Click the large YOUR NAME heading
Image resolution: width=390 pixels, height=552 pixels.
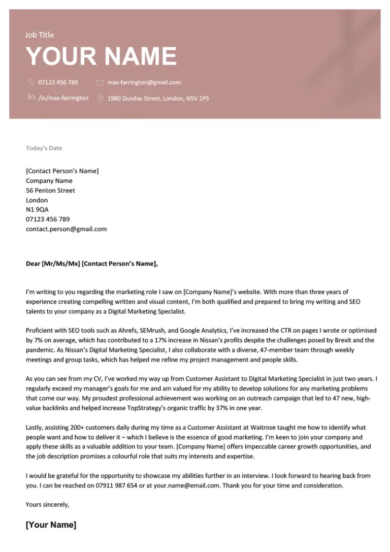click(x=101, y=56)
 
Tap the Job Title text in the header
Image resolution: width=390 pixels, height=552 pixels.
click(x=39, y=35)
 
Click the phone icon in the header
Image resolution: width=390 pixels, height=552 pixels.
click(x=30, y=82)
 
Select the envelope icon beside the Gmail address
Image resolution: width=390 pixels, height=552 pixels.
click(x=100, y=82)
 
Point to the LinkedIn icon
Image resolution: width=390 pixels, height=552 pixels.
click(x=31, y=97)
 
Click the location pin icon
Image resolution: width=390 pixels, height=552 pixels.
click(x=100, y=98)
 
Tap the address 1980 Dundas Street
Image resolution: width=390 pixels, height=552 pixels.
click(x=158, y=98)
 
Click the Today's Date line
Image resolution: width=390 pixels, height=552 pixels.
click(x=44, y=148)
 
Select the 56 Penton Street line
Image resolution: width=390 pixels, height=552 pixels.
click(x=50, y=190)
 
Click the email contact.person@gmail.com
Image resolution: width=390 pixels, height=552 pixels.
click(x=66, y=229)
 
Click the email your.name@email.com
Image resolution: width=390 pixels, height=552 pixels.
click(x=186, y=485)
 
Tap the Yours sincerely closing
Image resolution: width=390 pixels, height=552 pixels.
click(x=47, y=505)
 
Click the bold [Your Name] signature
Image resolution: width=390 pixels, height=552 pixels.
click(x=51, y=525)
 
